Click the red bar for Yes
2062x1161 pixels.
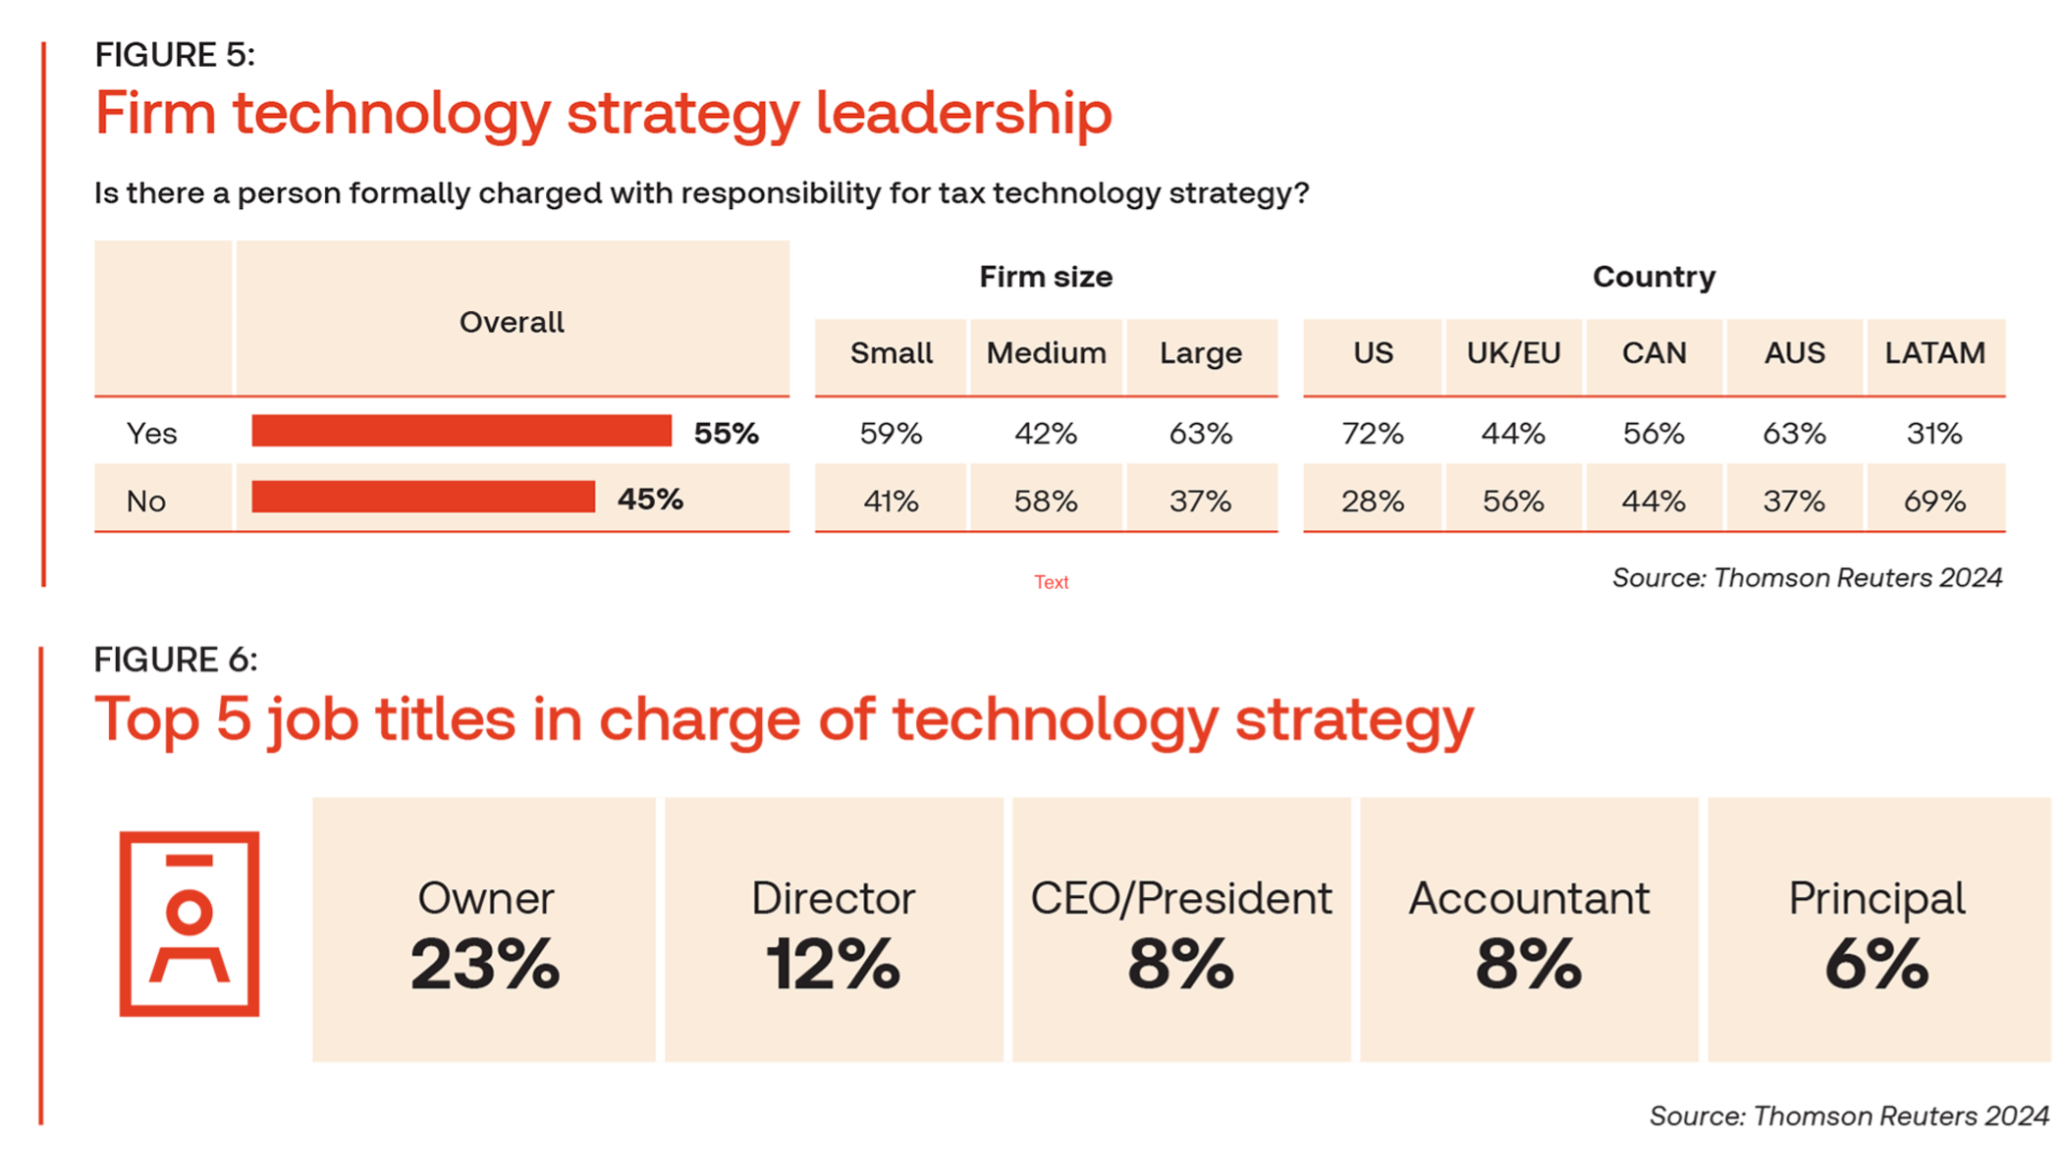(461, 431)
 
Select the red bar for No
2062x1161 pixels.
(423, 497)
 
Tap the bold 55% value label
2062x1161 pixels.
(726, 433)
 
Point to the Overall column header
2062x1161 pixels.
(512, 322)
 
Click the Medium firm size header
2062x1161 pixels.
(1046, 353)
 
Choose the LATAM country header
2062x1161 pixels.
(1934, 353)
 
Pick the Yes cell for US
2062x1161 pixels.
(1372, 433)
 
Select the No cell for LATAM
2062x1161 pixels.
(1934, 501)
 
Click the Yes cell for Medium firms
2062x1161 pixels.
(1046, 433)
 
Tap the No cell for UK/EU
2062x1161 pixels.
(1513, 501)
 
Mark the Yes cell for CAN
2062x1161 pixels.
(1654, 433)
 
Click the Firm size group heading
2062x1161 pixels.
(1046, 277)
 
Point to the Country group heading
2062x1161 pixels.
(1654, 277)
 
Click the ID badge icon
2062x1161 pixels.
(190, 924)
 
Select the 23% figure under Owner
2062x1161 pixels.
(485, 964)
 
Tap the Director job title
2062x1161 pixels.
(834, 898)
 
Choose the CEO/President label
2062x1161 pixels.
(1181, 898)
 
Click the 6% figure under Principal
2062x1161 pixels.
(1876, 964)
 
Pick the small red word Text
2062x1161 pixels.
(1051, 582)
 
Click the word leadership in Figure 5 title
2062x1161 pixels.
(963, 113)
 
